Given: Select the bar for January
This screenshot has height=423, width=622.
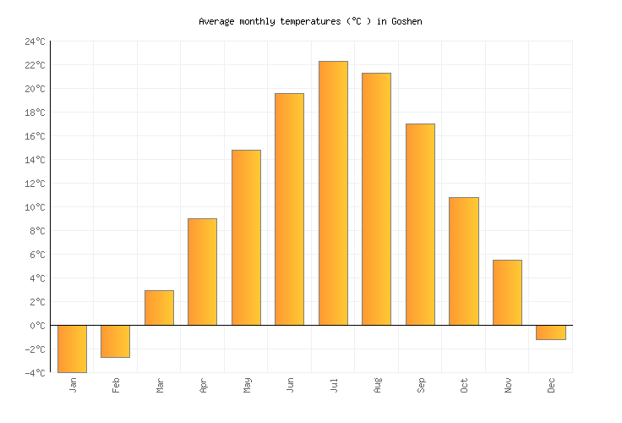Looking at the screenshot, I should coord(72,349).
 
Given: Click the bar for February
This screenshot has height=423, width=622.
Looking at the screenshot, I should coord(115,341).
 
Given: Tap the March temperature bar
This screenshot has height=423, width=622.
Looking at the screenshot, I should coord(159,308).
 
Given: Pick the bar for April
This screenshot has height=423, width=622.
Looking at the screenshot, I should coord(202,272).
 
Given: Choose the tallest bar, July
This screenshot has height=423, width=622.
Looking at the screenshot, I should coord(333,193).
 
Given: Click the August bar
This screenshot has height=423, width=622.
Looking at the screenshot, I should coord(376,199).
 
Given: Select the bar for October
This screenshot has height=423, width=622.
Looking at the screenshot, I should coord(463,261).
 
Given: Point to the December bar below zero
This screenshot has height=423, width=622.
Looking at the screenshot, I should coord(550,332).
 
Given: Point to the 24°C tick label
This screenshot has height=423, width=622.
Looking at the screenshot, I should coord(35,41).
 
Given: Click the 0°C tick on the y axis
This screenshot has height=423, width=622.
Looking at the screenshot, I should coord(38,326).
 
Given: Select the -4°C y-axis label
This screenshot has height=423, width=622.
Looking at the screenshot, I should coord(35,373).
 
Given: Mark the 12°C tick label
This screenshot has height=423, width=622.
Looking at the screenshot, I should coord(35,184).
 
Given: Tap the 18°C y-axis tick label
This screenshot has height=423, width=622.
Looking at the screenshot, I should coord(35,113).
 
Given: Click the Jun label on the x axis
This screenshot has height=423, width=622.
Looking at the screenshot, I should coord(290,386).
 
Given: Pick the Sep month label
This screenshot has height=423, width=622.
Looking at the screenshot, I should coord(421,386).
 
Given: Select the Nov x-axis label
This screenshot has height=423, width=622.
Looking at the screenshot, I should coord(508,386).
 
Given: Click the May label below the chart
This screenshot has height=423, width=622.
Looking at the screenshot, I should coord(247,386).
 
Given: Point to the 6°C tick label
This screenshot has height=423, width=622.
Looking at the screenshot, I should coord(38,255).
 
